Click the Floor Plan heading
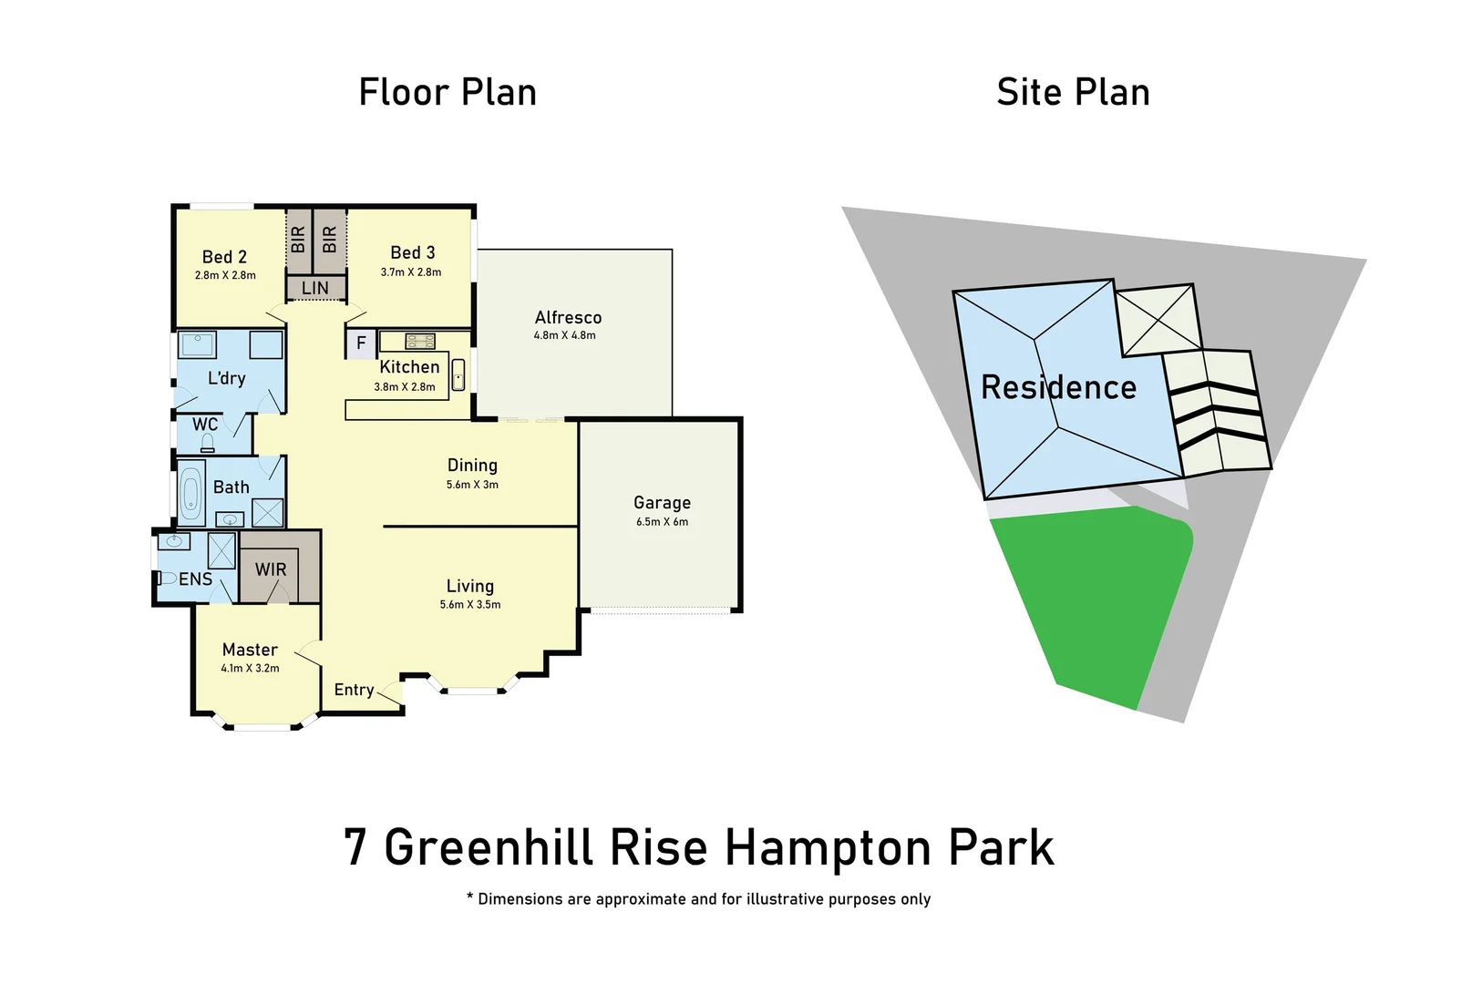click(x=447, y=93)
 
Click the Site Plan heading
click(x=1073, y=93)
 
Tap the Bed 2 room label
click(x=224, y=257)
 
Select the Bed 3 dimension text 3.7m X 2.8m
click(x=411, y=272)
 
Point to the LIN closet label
click(x=315, y=289)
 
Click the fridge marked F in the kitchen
click(x=361, y=343)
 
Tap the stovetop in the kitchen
click(x=420, y=342)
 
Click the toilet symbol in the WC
click(x=207, y=444)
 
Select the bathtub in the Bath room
click(x=191, y=495)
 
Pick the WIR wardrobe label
click(x=271, y=569)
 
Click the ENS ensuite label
click(x=195, y=579)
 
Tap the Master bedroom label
click(x=250, y=650)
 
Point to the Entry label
click(x=354, y=690)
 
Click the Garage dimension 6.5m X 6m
click(x=663, y=522)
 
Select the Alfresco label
click(x=568, y=318)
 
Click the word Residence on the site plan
click(x=1058, y=388)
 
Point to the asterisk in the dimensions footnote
click(x=469, y=898)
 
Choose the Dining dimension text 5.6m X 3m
click(x=472, y=485)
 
